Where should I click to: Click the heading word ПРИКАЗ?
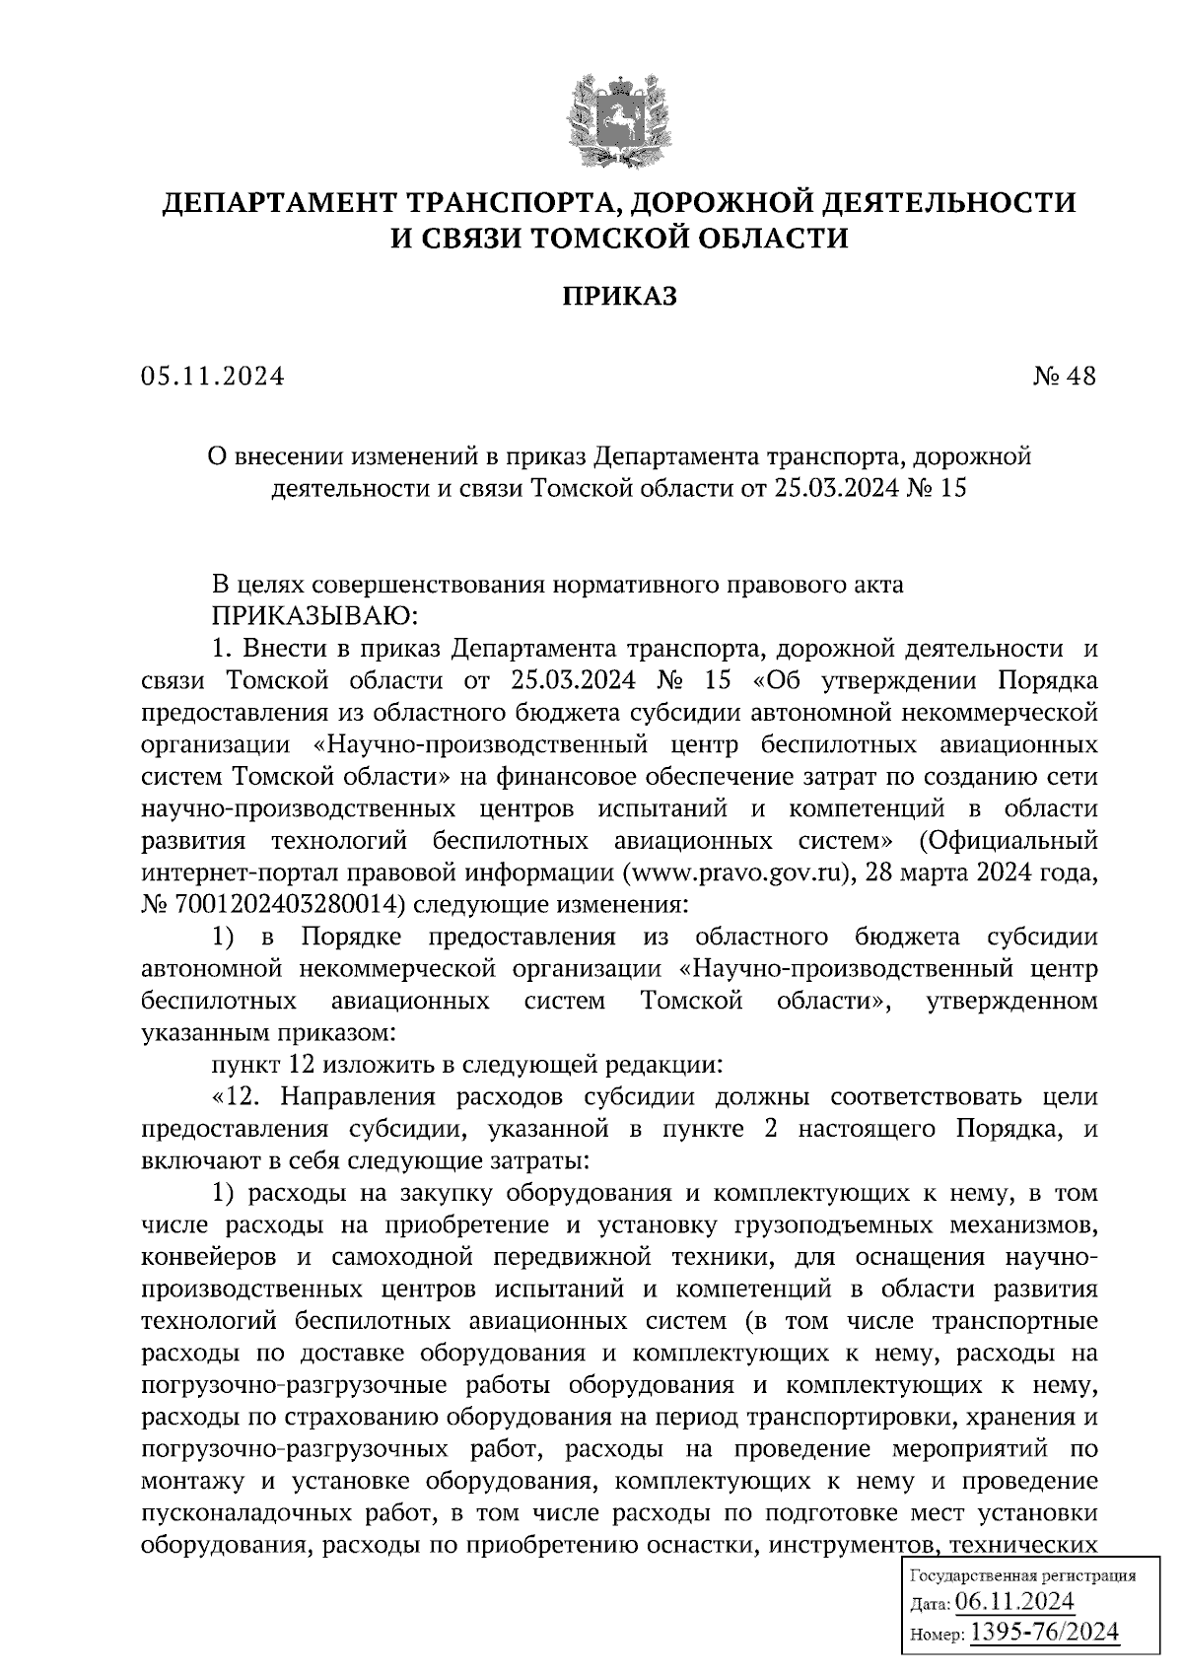pos(619,296)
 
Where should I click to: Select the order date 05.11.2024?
pos(212,377)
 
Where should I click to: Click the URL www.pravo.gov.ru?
pos(741,872)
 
